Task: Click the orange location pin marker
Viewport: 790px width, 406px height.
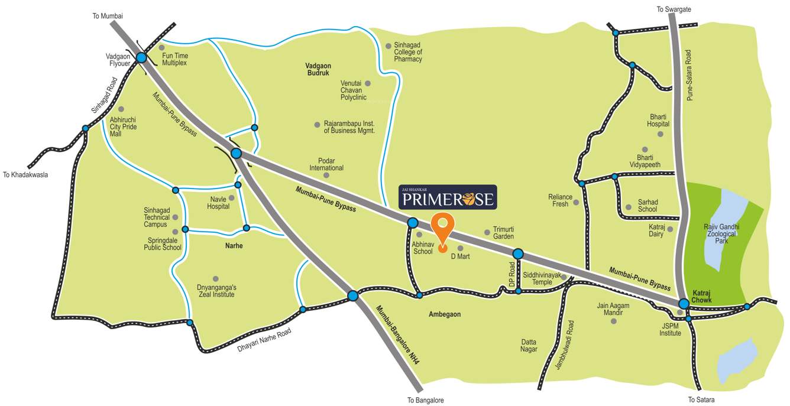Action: pos(442,227)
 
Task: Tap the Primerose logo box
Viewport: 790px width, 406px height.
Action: pos(447,197)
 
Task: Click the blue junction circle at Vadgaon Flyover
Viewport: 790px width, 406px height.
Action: pos(142,57)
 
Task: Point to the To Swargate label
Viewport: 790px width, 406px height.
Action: pos(674,9)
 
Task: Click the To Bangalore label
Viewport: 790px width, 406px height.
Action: pos(425,400)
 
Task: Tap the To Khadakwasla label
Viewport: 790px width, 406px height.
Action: pos(25,174)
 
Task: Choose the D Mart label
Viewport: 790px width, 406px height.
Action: pos(460,256)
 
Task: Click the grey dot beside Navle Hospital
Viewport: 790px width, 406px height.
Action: pos(231,198)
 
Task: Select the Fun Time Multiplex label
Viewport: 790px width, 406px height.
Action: pos(174,59)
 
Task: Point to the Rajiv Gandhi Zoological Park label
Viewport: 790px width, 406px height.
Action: pos(722,234)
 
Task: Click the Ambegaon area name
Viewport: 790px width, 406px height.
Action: pos(445,314)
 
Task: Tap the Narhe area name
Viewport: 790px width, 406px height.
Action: pos(234,245)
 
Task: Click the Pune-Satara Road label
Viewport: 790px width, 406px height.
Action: pos(689,75)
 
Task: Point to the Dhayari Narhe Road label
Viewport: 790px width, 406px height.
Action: pos(264,340)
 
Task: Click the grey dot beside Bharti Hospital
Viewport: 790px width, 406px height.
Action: pos(661,134)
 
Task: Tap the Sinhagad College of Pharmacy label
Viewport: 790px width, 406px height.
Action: pos(408,52)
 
